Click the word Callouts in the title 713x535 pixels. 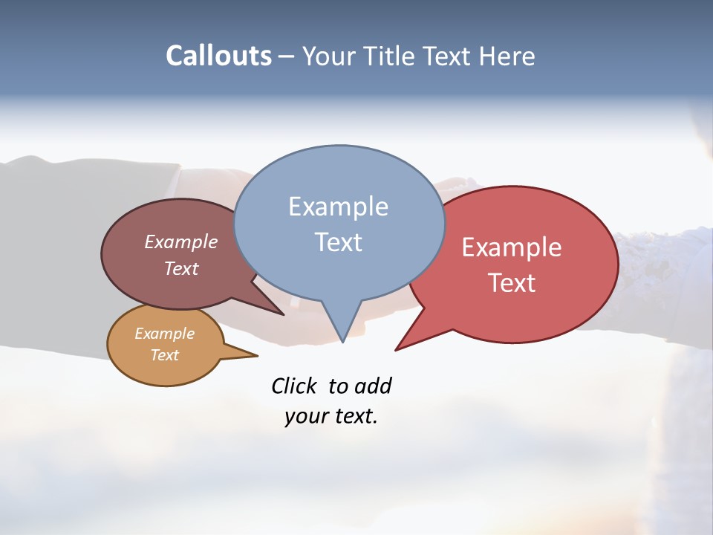[218, 56]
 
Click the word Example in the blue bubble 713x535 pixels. [338, 207]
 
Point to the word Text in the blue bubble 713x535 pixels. [338, 242]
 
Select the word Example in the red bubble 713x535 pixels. [512, 247]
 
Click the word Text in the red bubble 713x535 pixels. [512, 283]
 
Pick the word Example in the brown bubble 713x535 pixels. [180, 242]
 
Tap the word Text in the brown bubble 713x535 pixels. [180, 268]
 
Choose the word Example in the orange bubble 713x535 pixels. [164, 334]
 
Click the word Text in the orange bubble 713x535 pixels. [164, 355]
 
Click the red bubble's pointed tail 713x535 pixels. [400, 347]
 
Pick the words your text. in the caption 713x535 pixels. [331, 416]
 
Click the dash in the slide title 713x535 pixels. [287, 56]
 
